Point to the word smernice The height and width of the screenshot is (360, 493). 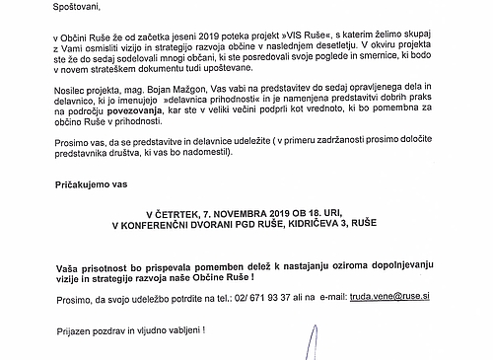point(405,61)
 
